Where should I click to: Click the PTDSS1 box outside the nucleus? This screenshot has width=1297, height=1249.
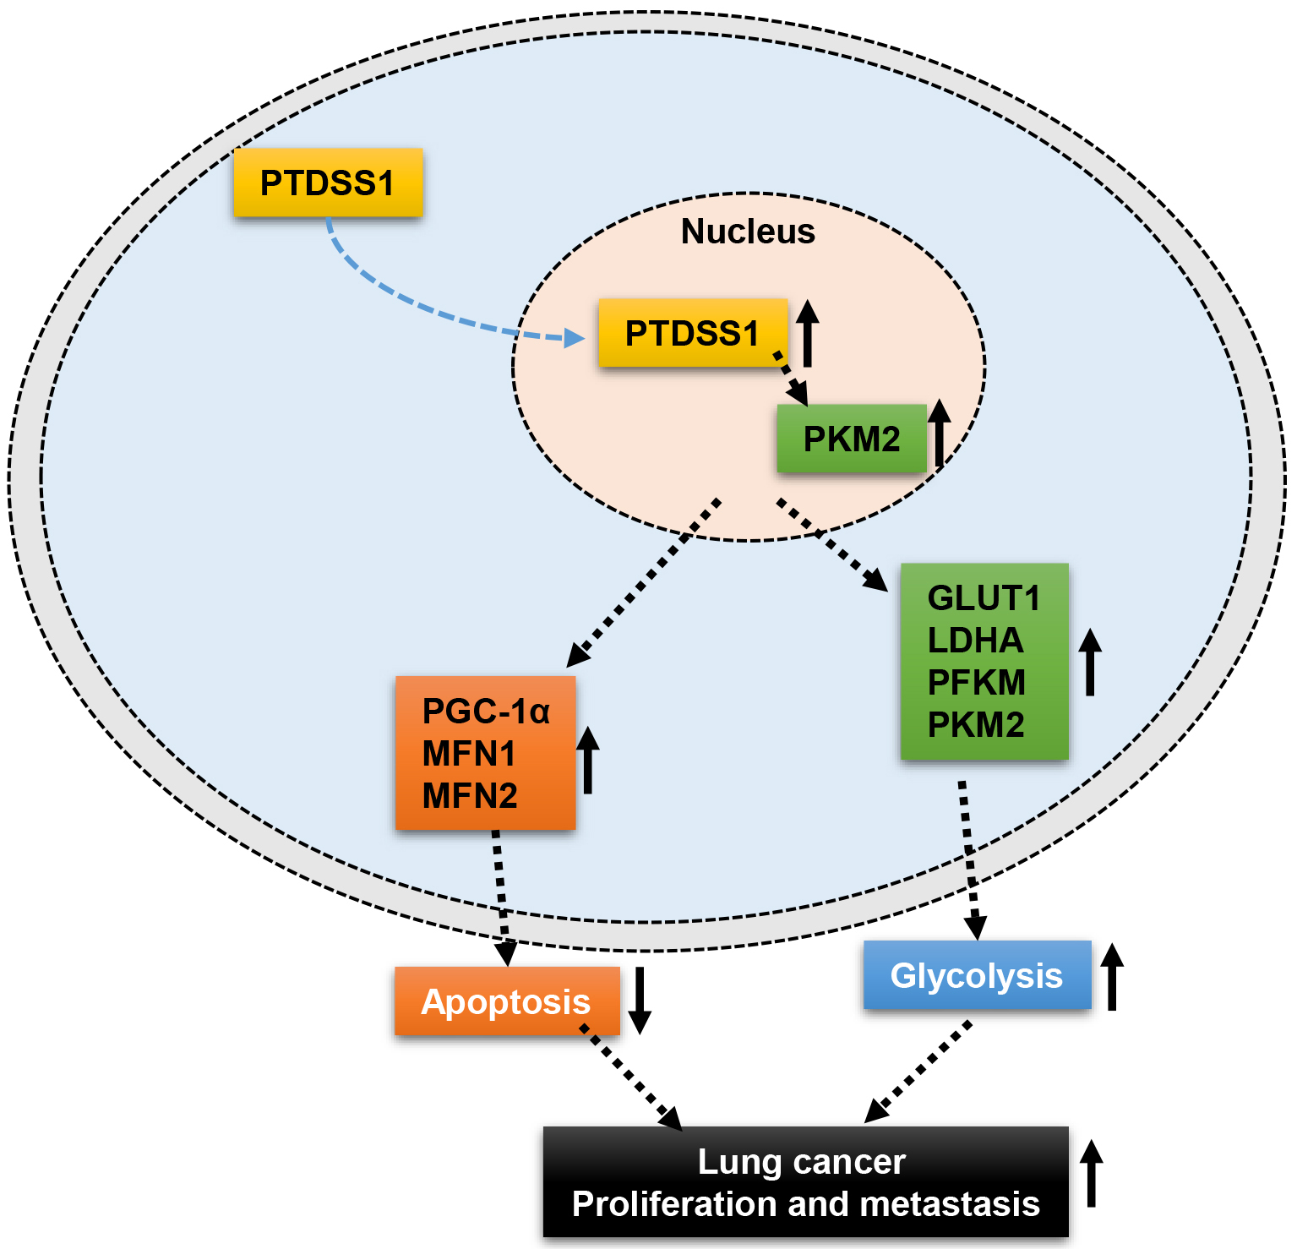[x=328, y=183]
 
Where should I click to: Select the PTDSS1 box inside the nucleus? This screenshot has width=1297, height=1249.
[x=693, y=333]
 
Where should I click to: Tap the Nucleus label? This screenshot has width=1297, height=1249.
[x=748, y=232]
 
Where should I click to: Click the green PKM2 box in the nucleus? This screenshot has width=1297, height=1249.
[x=852, y=439]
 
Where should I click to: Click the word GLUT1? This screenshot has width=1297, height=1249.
[x=984, y=598]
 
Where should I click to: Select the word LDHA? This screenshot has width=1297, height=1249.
[x=975, y=641]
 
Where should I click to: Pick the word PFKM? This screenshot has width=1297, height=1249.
[x=976, y=683]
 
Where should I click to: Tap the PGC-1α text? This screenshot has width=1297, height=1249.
[x=486, y=712]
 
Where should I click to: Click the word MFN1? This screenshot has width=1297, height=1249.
[x=468, y=754]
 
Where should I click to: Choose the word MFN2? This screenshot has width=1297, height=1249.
[x=469, y=796]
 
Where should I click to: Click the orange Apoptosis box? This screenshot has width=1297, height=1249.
[x=506, y=1002]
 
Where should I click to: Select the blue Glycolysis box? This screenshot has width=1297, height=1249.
[x=977, y=976]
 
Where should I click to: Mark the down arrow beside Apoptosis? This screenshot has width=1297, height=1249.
[x=640, y=1001]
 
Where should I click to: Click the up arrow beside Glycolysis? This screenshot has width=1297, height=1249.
[x=1112, y=977]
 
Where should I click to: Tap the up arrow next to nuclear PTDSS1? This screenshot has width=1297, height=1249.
[x=807, y=333]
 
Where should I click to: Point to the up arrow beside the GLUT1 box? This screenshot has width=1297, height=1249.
[x=1090, y=662]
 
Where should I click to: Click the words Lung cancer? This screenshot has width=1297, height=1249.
[x=801, y=1162]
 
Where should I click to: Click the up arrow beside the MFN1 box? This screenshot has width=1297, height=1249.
[x=588, y=760]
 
